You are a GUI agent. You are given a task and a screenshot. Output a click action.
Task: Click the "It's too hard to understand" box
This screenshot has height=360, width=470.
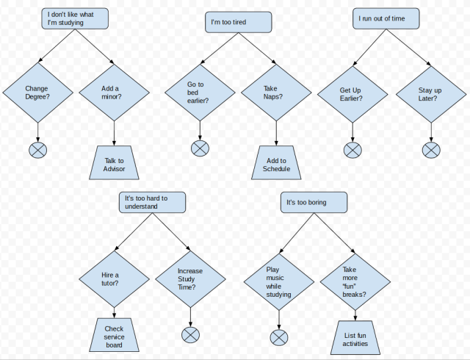pyautogui.click(x=153, y=202)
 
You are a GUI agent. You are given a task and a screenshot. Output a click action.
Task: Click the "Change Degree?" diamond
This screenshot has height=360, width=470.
pyautogui.click(x=37, y=93)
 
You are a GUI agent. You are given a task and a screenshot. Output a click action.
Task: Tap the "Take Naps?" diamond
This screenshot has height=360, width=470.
pyautogui.click(x=276, y=93)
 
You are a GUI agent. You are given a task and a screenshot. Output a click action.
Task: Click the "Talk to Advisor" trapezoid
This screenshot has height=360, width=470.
pyautogui.click(x=115, y=164)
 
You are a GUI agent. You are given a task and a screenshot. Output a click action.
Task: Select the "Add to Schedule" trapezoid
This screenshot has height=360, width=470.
pyautogui.click(x=276, y=164)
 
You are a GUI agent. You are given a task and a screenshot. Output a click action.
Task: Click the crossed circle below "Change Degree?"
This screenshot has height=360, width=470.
pyautogui.click(x=37, y=151)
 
